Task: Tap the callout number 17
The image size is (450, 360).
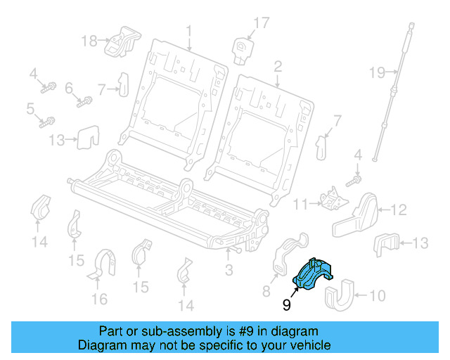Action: [x=262, y=23]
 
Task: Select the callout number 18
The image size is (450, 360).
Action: [x=89, y=41]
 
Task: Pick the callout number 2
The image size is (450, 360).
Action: [x=278, y=66]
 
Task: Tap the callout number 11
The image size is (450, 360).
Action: [x=300, y=205]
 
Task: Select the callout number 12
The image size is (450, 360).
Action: [x=399, y=209]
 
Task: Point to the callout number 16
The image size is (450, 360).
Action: [x=100, y=300]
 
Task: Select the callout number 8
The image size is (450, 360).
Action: [x=266, y=290]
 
